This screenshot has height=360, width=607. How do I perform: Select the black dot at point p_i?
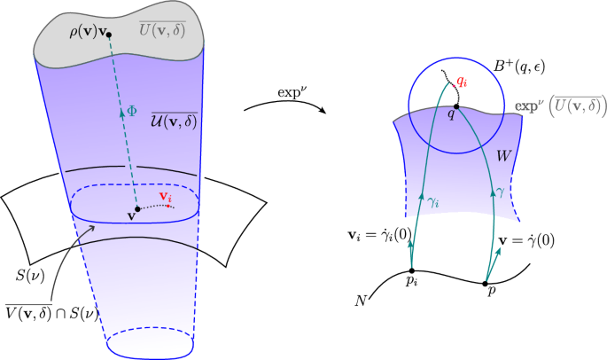point(412,271)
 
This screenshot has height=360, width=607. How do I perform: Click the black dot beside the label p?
point(485,284)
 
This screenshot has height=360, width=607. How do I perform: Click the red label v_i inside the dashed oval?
point(164,196)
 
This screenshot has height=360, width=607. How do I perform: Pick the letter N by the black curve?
point(362,300)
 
